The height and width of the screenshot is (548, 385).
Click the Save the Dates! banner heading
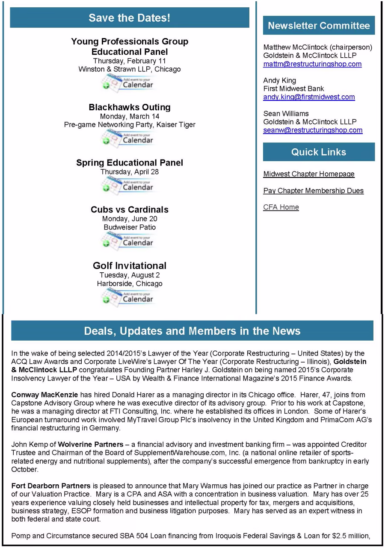click(129, 18)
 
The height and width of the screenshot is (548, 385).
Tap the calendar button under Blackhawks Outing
click(127, 138)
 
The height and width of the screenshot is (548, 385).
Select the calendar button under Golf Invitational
click(127, 297)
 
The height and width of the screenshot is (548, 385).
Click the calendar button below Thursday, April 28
click(127, 186)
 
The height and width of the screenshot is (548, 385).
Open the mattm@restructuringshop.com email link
click(312, 64)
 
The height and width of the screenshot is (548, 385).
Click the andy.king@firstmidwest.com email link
click(309, 97)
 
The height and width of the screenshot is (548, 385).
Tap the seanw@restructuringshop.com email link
click(313, 130)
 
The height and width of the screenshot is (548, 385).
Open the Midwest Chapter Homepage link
click(309, 174)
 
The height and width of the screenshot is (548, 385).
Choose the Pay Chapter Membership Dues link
click(313, 191)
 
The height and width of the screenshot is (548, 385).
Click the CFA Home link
click(281, 207)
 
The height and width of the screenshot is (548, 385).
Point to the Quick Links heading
click(319, 152)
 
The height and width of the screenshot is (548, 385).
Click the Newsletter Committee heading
click(319, 26)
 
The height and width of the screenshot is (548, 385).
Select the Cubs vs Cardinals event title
click(130, 209)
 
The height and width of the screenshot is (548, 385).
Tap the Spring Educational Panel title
click(130, 163)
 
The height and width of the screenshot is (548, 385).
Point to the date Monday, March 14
click(130, 116)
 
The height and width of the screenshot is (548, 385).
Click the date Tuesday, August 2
click(130, 275)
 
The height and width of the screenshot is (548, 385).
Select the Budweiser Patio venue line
click(130, 227)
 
